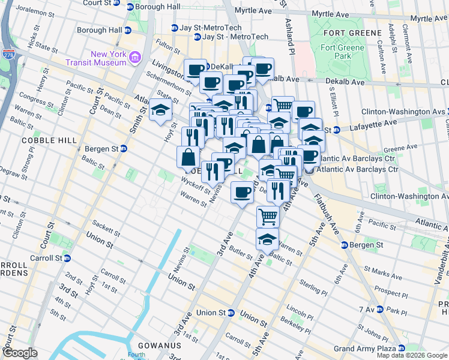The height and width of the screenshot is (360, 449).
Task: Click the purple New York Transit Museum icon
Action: coord(134,58)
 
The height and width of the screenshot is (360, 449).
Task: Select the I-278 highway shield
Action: coord(8,38)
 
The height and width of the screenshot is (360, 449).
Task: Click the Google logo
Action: coord(20,353)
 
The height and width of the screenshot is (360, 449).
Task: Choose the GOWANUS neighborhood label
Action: coord(155,346)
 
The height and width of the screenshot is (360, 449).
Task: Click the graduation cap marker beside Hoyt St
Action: coord(160,110)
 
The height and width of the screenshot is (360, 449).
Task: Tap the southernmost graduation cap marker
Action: coord(267,239)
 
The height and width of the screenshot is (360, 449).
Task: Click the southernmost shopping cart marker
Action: coord(268,216)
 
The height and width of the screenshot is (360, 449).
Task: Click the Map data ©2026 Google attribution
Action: coord(412,355)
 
